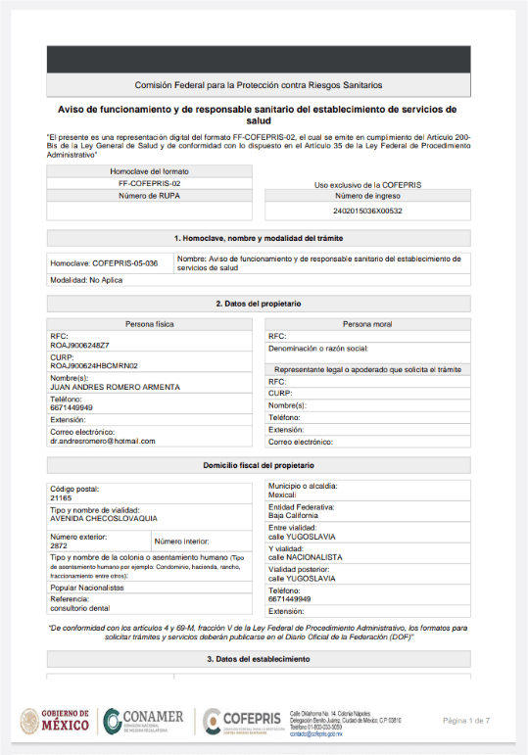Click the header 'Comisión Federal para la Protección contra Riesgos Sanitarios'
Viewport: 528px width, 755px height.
[x=259, y=85]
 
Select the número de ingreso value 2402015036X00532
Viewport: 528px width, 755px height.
[x=367, y=211]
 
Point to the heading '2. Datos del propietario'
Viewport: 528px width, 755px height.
[x=259, y=304]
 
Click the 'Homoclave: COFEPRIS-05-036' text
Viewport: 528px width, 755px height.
[x=104, y=263]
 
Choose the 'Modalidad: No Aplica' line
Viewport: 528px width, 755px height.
[x=88, y=280]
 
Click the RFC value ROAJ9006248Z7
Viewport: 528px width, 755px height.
[x=80, y=345]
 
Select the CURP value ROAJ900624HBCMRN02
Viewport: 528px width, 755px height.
[x=94, y=365]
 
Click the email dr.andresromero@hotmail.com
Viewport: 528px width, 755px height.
[x=103, y=441]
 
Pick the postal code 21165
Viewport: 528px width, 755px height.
[x=61, y=497]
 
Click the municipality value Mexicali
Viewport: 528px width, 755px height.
[x=284, y=495]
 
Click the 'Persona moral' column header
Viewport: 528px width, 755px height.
[x=367, y=323]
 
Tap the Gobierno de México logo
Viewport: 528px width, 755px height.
[x=54, y=722]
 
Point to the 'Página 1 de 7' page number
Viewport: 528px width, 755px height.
[x=472, y=721]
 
